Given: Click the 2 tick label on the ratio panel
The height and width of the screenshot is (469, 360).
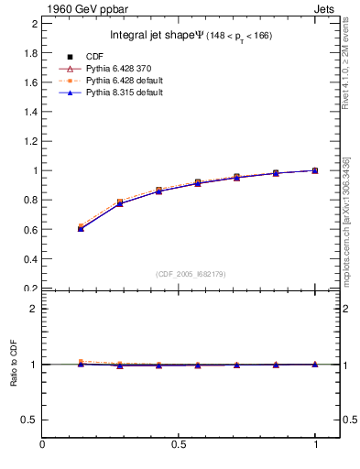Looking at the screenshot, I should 33,309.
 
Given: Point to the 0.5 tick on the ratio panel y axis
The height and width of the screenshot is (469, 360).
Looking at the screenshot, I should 28,420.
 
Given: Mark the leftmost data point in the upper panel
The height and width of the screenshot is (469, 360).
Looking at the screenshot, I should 81,228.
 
